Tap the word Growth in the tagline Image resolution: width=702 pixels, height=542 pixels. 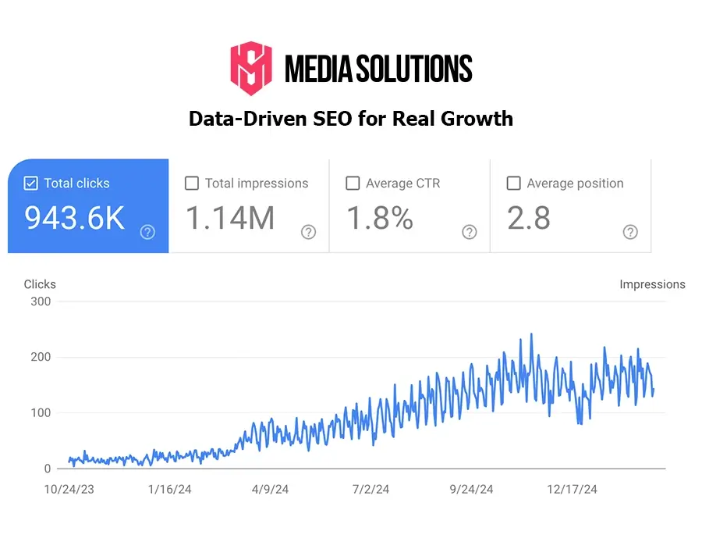(x=477, y=119)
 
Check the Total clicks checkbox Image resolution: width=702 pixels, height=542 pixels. (x=30, y=184)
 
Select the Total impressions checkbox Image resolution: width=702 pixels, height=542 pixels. (x=192, y=184)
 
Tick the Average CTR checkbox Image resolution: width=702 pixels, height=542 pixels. (x=353, y=184)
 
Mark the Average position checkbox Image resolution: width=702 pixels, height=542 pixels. (x=513, y=184)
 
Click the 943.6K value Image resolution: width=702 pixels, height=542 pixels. (x=74, y=219)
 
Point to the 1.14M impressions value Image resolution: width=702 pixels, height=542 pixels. (x=230, y=219)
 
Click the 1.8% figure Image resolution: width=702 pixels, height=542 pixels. (x=380, y=219)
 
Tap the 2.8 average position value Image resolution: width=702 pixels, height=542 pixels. (x=529, y=219)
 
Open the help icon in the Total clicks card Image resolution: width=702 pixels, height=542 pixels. (x=147, y=232)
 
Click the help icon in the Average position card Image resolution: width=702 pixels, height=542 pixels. (x=630, y=232)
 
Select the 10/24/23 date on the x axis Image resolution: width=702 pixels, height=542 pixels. (x=69, y=490)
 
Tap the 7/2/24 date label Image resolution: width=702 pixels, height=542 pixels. (x=370, y=490)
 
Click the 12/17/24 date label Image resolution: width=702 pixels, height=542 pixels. (x=572, y=490)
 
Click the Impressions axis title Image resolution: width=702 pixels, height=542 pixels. (x=652, y=284)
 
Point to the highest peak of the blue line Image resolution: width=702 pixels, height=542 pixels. (x=531, y=334)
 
